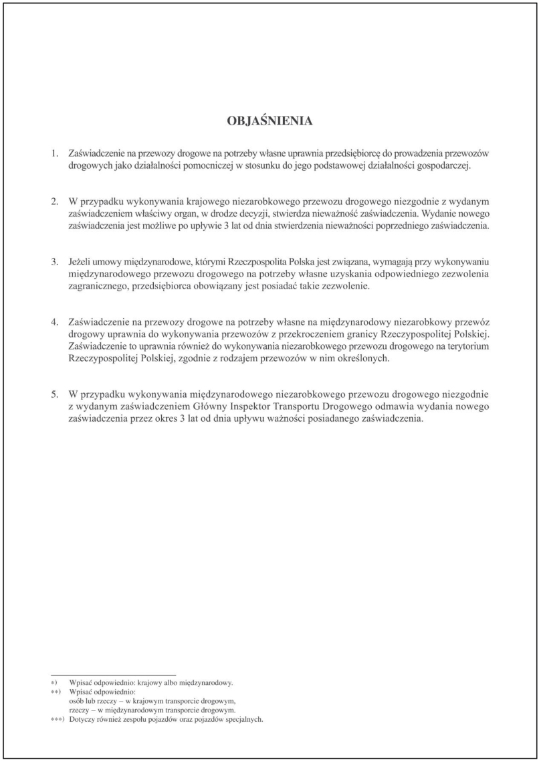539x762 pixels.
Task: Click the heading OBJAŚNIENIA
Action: point(269,121)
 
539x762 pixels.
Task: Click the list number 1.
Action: point(56,153)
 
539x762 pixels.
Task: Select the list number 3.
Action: point(56,262)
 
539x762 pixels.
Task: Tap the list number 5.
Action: point(56,394)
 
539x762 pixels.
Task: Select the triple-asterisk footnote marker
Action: point(58,720)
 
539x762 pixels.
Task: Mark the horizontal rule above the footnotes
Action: point(113,675)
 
